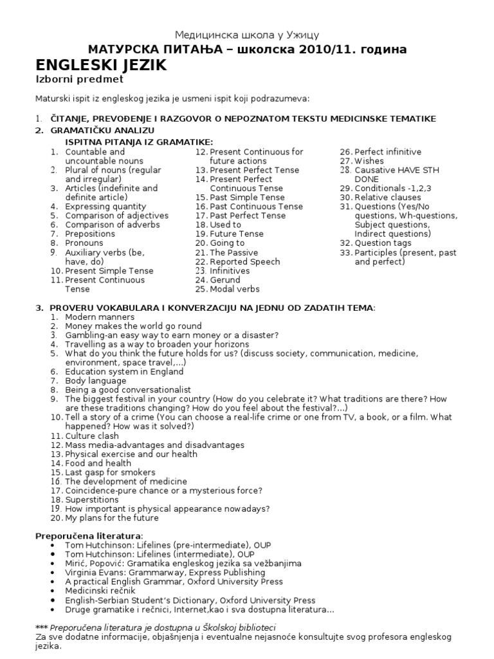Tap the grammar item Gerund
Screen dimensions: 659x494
tap(226, 280)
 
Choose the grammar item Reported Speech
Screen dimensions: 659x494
tap(245, 262)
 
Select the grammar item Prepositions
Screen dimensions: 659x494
tap(90, 234)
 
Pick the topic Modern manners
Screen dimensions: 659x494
tap(100, 317)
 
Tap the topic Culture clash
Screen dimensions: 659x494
tap(92, 436)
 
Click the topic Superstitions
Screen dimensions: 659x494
tap(92, 499)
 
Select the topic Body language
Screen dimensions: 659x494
tap(96, 381)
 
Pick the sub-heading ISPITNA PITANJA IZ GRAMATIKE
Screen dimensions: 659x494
tap(139, 142)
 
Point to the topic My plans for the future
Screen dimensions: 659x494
tap(111, 517)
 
